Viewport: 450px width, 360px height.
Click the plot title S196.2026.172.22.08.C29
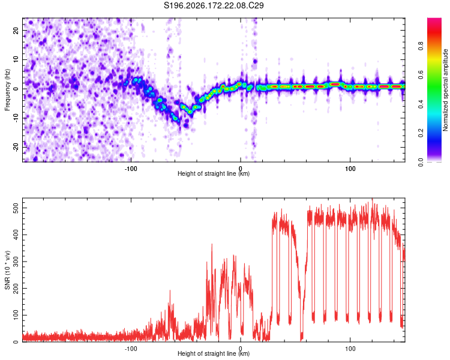[214, 5]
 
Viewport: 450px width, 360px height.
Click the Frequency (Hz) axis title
[7, 90]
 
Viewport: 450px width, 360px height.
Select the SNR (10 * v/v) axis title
[7, 270]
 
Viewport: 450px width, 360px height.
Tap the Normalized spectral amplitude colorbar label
[445, 90]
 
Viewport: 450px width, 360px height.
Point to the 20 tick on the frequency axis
[16, 30]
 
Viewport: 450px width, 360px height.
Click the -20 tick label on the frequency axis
[16, 147]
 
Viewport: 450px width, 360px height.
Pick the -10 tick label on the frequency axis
[16, 118]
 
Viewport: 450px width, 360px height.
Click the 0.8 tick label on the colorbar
[421, 46]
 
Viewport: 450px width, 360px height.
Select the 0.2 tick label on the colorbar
[421, 133]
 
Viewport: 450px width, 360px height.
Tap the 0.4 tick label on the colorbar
[421, 104]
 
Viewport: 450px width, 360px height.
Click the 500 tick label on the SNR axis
[16, 208]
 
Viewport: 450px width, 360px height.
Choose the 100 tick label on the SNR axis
[16, 315]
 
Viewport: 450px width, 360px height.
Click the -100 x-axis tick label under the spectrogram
[131, 169]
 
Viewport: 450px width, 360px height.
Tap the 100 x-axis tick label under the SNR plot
[350, 349]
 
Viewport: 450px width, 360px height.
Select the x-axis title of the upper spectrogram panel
[214, 173]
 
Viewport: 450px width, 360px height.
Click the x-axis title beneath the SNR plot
[214, 353]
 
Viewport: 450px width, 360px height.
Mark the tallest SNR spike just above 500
[373, 199]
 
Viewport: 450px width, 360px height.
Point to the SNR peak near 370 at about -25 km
[212, 244]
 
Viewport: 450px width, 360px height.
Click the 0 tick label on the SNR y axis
[16, 342]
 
